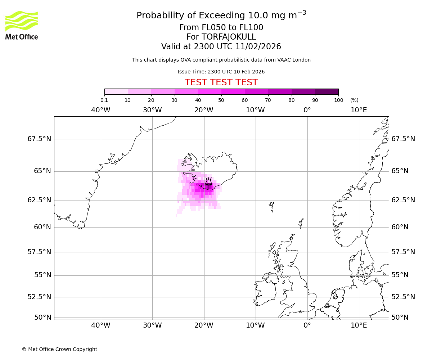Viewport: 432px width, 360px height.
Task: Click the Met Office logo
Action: (22, 25)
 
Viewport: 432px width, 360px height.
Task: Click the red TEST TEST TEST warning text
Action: (221, 82)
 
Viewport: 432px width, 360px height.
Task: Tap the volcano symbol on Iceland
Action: (208, 181)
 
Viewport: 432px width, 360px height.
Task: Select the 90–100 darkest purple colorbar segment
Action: (327, 92)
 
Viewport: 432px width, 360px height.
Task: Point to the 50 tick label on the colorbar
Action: (221, 100)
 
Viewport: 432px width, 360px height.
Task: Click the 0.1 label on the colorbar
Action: (104, 100)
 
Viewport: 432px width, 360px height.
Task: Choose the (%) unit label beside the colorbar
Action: (354, 100)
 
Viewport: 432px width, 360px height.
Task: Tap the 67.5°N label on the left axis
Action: (39, 139)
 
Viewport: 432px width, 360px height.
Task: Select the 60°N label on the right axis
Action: (400, 227)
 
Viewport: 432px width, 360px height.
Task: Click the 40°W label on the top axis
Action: (100, 110)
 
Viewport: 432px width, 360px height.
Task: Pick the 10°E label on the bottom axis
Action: (359, 326)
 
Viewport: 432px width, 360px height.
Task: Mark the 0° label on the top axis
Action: (307, 110)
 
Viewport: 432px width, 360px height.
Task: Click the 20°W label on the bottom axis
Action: (204, 326)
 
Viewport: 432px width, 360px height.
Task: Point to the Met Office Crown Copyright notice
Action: (59, 349)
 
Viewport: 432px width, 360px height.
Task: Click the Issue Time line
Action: (221, 72)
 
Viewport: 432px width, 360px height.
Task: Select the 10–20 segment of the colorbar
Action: (139, 92)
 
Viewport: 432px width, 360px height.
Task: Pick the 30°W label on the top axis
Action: (152, 110)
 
